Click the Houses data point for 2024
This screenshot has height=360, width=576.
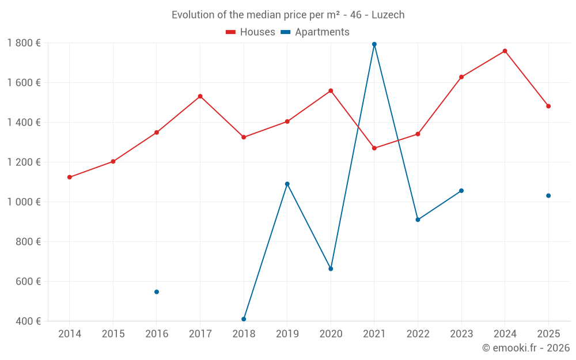click(505, 51)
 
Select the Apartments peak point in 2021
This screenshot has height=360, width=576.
click(374, 44)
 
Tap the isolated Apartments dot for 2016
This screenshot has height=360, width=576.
click(157, 292)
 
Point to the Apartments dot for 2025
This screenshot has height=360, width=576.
click(548, 196)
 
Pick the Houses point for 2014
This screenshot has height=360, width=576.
click(70, 177)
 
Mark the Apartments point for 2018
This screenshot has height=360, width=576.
click(244, 319)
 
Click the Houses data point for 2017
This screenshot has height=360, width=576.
click(200, 96)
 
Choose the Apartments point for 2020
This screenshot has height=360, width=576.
click(331, 269)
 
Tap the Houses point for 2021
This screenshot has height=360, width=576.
click(374, 148)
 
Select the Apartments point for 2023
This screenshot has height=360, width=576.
click(461, 191)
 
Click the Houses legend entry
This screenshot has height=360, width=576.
click(251, 32)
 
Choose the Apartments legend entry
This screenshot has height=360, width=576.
click(315, 32)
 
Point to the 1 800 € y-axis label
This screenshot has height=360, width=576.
click(24, 43)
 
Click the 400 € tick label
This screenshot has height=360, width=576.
click(28, 321)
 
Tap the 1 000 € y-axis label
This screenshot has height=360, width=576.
click(24, 202)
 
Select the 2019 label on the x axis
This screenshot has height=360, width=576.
click(287, 334)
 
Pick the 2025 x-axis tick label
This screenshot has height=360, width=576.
click(548, 334)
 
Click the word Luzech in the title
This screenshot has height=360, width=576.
click(388, 15)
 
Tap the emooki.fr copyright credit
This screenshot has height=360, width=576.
click(526, 348)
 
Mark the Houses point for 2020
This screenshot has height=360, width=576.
click(331, 91)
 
